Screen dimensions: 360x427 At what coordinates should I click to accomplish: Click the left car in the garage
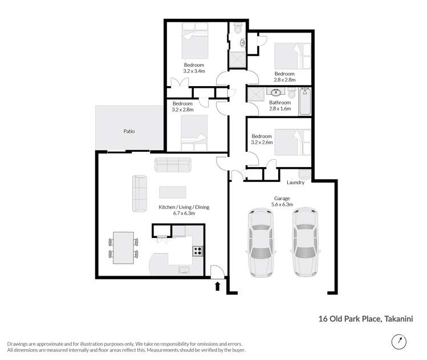(260, 242)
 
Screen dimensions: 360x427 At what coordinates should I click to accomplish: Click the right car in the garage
(303, 242)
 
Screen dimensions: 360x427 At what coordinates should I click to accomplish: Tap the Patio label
(129, 131)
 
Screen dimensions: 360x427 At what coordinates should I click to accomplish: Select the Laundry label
(295, 183)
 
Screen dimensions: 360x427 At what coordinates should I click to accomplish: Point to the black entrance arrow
(217, 285)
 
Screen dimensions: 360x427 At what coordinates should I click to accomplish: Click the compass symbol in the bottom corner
(399, 342)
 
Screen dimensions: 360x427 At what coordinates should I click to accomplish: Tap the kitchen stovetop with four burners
(197, 251)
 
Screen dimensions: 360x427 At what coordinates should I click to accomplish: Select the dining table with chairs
(124, 248)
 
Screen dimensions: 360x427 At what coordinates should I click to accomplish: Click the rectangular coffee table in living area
(172, 192)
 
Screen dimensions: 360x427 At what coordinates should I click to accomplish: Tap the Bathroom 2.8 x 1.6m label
(280, 106)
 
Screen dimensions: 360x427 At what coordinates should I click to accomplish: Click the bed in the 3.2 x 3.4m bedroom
(197, 41)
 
